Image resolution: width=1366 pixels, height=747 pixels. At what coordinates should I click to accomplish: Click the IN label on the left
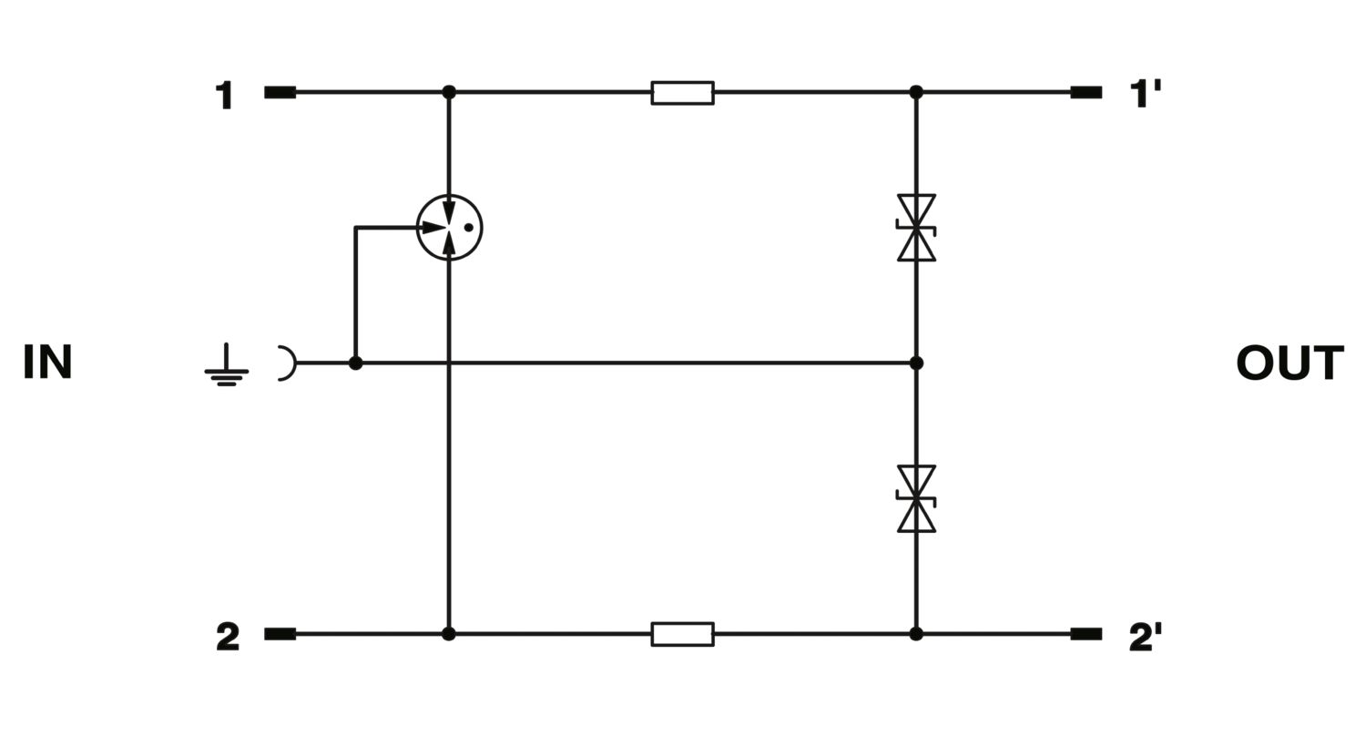[47, 362]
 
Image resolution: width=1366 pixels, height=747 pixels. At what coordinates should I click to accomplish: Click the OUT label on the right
[1290, 363]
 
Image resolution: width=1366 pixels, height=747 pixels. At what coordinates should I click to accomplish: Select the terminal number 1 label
[224, 95]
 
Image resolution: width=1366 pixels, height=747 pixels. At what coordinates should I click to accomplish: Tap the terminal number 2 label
[228, 638]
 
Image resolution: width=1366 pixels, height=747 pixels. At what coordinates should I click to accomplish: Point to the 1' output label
[1146, 95]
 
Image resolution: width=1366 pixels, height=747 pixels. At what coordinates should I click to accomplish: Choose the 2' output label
[1146, 638]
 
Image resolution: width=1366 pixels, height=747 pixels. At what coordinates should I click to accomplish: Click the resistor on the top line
[682, 93]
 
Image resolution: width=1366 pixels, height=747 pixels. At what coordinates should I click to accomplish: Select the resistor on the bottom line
[682, 634]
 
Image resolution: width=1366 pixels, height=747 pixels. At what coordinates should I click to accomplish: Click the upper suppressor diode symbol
[916, 228]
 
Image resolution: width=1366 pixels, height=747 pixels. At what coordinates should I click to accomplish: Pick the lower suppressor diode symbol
[916, 499]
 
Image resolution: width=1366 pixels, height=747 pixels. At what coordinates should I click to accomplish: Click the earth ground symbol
[226, 366]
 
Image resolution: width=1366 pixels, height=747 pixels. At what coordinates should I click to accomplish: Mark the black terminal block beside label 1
[280, 93]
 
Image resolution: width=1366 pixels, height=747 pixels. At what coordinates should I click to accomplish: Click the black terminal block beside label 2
[280, 634]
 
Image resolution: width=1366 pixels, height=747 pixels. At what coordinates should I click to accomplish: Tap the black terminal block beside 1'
[1086, 93]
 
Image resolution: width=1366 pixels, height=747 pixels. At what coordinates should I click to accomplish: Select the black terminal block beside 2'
[1086, 634]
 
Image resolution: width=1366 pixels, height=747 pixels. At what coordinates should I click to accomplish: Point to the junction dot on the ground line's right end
[916, 363]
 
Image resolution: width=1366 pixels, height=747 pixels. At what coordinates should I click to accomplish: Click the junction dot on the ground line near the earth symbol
[355, 363]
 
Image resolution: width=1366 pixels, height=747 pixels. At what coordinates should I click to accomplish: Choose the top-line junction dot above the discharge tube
[449, 93]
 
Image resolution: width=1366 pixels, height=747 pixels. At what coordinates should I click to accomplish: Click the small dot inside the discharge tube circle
[468, 228]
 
